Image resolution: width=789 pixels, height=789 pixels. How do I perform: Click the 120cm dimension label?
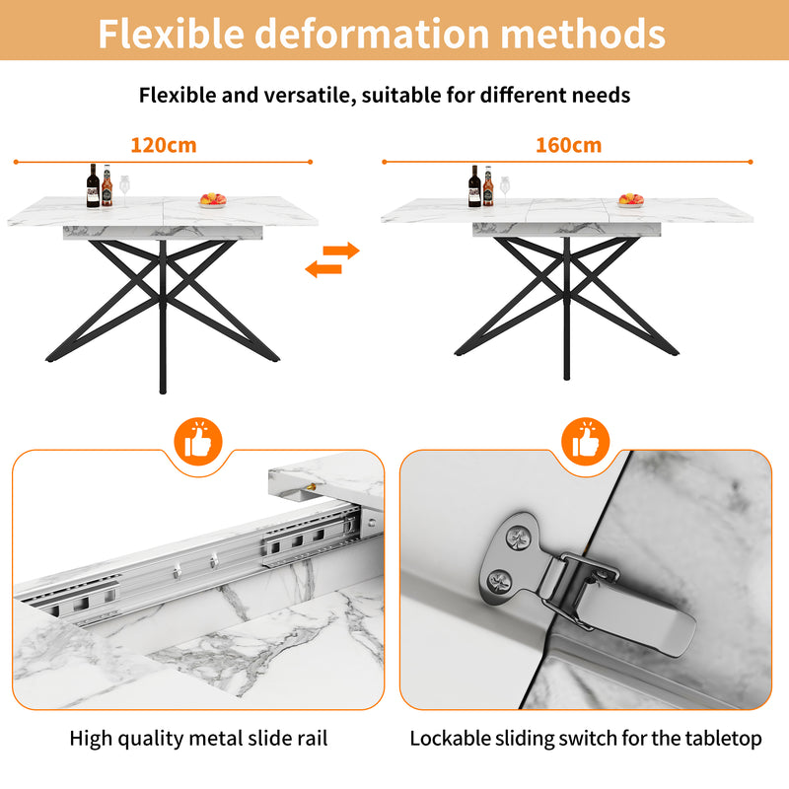click(x=164, y=145)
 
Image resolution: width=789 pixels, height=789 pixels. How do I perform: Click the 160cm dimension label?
click(x=569, y=145)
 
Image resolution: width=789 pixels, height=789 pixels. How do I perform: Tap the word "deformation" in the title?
click(x=372, y=34)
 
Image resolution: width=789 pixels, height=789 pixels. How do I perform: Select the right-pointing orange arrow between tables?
click(x=341, y=251)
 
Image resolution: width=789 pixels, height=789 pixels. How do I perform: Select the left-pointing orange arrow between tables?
click(x=323, y=268)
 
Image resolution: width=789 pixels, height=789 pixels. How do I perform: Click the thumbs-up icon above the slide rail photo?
click(x=198, y=441)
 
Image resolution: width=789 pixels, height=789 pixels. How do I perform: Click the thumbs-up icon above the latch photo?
click(x=586, y=441)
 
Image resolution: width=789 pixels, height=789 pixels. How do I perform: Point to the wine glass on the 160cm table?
click(x=505, y=191)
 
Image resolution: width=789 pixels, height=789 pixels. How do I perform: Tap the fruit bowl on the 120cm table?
click(x=213, y=200)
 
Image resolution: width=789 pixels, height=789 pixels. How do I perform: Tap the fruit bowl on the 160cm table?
click(x=631, y=200)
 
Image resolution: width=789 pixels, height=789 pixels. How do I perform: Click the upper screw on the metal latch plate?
click(x=517, y=538)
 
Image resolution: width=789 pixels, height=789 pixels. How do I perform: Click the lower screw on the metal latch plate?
click(x=500, y=582)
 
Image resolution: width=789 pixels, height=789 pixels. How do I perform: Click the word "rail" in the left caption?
click(x=313, y=739)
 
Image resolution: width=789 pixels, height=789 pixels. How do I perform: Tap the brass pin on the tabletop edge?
click(x=313, y=487)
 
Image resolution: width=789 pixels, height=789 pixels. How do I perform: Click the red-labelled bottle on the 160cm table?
click(x=488, y=186)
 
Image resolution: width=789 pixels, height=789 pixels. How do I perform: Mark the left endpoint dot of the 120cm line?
click(x=16, y=162)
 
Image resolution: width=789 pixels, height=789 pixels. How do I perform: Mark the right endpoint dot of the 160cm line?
click(x=751, y=162)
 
